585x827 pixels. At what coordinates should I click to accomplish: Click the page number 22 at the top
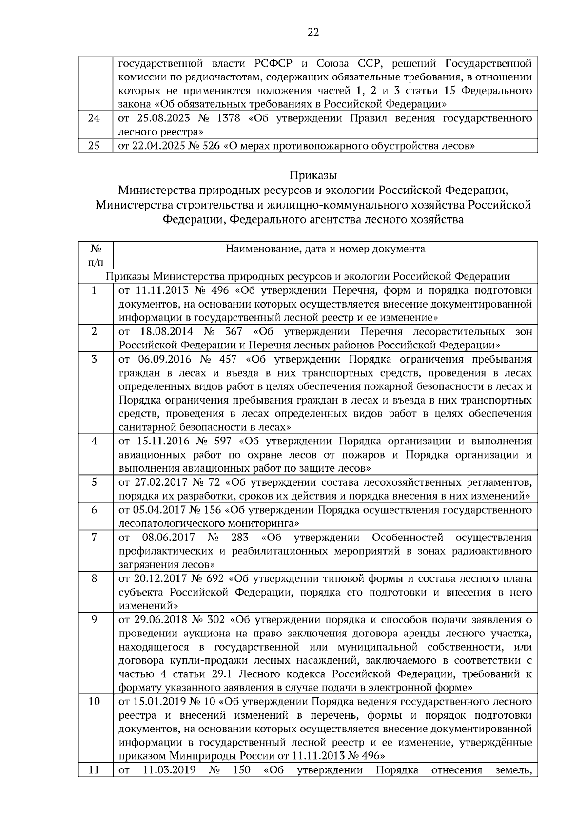click(x=313, y=32)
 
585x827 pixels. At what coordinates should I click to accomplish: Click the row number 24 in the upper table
click(x=94, y=118)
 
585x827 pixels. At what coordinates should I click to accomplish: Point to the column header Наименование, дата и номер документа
click(x=325, y=249)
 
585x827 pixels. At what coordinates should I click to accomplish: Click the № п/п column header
click(x=95, y=255)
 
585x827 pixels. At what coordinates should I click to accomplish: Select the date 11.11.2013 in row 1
click(x=161, y=291)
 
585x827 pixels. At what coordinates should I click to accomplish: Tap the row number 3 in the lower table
click(x=94, y=359)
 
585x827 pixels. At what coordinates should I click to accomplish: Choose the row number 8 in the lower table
click(x=94, y=578)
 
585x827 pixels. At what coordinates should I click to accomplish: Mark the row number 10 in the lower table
click(x=94, y=702)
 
